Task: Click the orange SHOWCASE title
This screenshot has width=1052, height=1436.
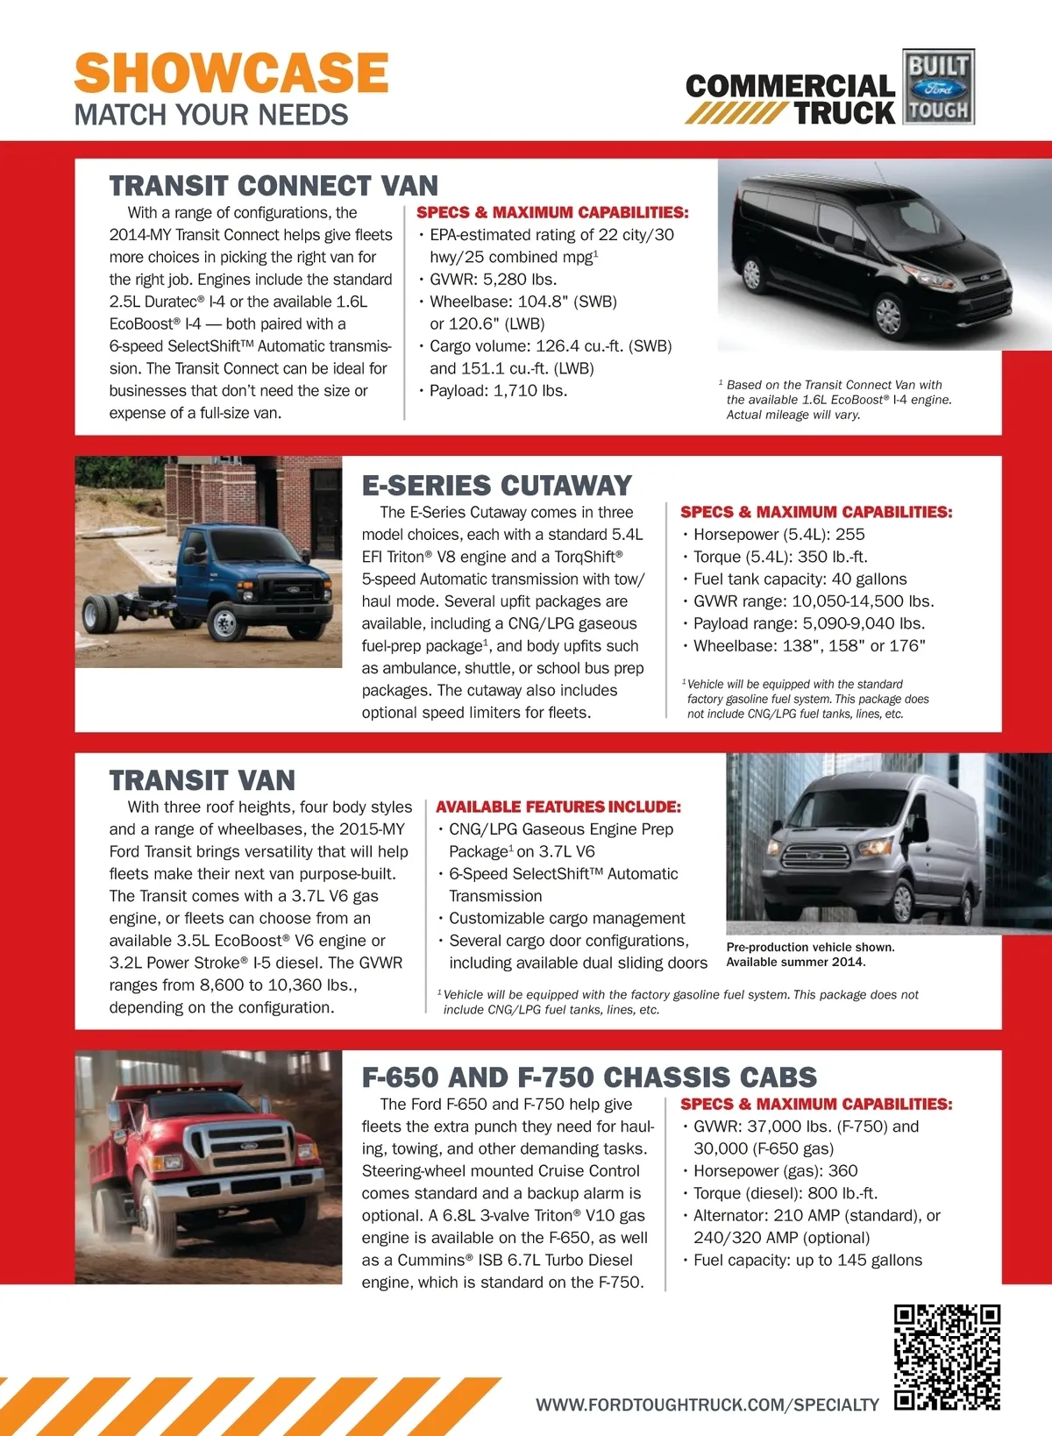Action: [x=231, y=73]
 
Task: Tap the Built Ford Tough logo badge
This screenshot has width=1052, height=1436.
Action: [x=938, y=87]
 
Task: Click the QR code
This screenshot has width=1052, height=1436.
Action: [x=947, y=1357]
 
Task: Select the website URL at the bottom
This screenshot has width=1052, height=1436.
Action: [x=707, y=1404]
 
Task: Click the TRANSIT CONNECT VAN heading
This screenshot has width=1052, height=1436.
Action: [x=274, y=186]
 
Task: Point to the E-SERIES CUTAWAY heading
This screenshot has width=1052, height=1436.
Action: [x=497, y=486]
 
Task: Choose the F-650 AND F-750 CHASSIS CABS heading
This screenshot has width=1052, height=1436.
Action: [x=589, y=1077]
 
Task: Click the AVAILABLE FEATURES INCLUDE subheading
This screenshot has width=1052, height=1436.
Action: [x=558, y=807]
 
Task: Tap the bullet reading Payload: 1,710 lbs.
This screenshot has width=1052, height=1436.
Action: [x=498, y=391]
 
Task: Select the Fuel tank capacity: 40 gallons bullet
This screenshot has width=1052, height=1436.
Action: [x=800, y=579]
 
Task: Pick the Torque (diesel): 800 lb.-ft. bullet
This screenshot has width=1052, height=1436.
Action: [x=785, y=1193]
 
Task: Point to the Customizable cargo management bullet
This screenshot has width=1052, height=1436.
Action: [x=566, y=919]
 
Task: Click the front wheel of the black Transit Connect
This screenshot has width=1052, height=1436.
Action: [x=887, y=316]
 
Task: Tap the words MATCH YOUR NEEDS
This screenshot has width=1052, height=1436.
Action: [x=211, y=115]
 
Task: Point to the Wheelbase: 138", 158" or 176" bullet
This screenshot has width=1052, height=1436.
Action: [x=808, y=646]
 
